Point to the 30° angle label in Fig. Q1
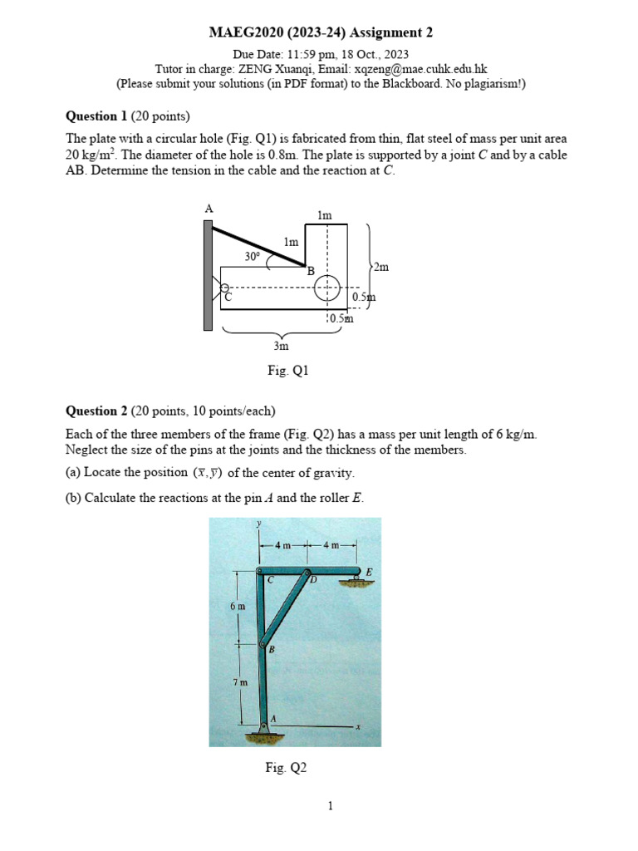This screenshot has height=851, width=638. (253, 257)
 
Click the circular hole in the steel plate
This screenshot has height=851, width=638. (327, 288)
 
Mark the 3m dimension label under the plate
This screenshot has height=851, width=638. (282, 345)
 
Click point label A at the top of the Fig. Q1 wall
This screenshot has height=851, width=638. (209, 209)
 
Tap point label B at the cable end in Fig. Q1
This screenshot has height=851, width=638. (311, 271)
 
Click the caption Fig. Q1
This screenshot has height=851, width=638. (287, 371)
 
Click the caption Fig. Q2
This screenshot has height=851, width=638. (286, 768)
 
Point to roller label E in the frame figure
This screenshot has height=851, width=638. (369, 572)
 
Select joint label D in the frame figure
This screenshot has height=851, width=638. (313, 580)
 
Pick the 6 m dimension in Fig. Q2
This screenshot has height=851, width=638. (238, 607)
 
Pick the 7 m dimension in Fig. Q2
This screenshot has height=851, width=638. (240, 681)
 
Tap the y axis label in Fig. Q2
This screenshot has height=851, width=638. (259, 524)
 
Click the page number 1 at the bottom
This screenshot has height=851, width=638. (330, 805)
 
